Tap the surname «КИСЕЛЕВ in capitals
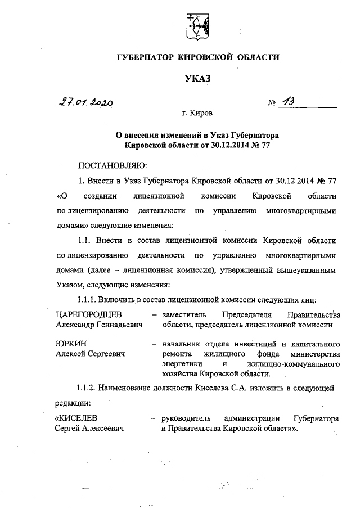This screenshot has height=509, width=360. [78, 418]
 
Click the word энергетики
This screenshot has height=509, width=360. [181, 364]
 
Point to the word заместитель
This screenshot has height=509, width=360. [186, 314]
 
